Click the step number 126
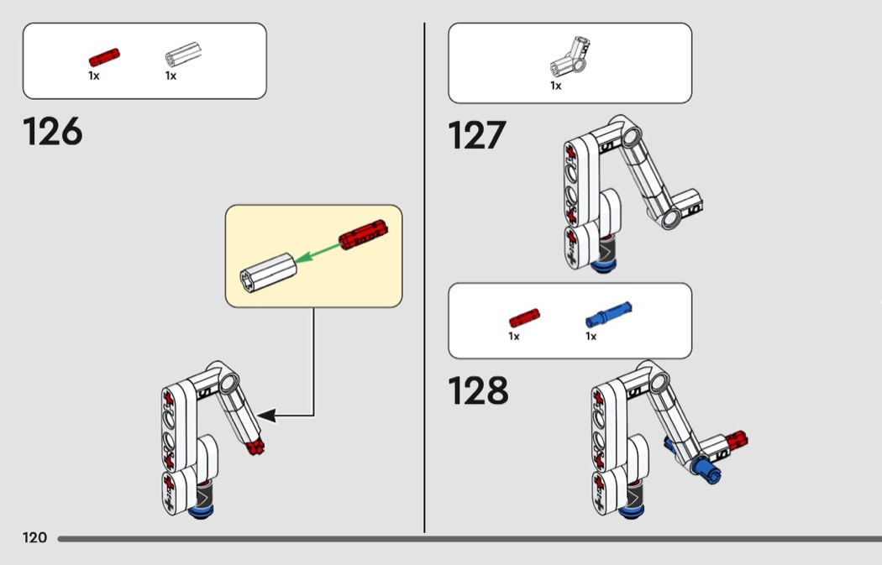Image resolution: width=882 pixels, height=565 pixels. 53,132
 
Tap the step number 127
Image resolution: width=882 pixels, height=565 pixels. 477,135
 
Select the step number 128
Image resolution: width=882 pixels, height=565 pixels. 478,390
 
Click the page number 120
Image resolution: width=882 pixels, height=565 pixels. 34,538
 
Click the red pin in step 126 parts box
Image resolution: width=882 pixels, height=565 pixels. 104,57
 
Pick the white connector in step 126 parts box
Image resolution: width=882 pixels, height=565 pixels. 183,55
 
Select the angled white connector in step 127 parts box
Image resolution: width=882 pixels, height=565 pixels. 570,57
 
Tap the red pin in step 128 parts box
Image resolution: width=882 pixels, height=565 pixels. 524,317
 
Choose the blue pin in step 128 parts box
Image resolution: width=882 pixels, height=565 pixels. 609,315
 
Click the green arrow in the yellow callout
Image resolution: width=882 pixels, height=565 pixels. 318,253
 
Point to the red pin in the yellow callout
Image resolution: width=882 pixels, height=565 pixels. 364,234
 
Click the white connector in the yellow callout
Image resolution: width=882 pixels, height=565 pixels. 268,272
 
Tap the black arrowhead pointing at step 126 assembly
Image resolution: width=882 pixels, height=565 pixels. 266,416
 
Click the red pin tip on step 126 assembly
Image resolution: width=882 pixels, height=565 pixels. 255,447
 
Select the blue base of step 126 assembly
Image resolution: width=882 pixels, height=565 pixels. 201,511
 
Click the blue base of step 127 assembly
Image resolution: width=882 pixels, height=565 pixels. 603,266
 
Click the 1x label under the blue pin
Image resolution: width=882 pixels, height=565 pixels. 591,336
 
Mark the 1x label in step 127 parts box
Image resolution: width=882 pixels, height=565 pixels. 556,86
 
